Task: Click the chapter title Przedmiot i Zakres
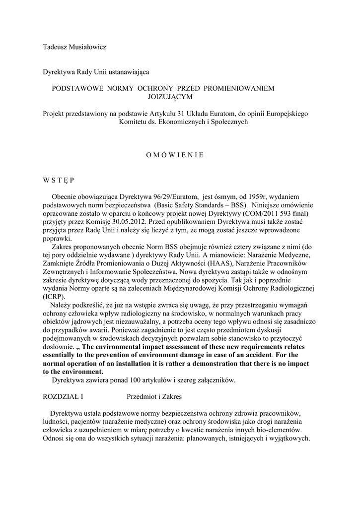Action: click(154, 396)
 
